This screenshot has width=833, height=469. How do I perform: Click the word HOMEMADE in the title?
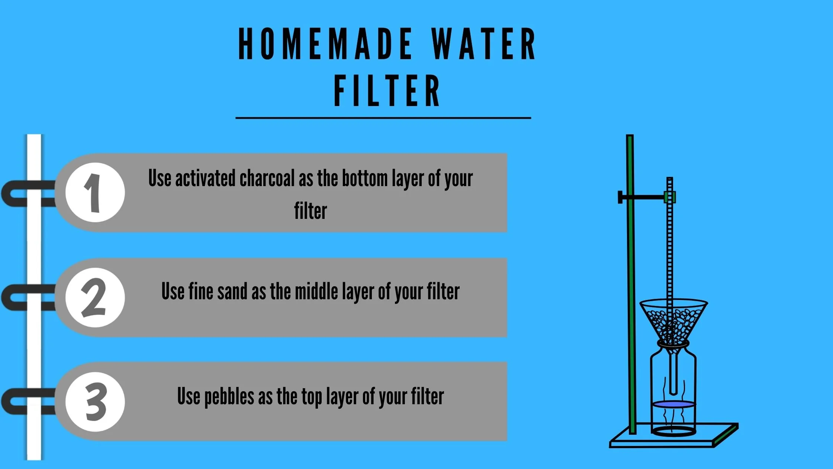coord(325,44)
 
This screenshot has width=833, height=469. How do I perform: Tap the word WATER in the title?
coord(483,44)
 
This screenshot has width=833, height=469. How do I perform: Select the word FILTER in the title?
coord(387,91)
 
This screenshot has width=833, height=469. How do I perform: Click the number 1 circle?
coord(95,193)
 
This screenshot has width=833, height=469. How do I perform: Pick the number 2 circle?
coord(95,298)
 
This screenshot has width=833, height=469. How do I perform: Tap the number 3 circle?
coord(95,402)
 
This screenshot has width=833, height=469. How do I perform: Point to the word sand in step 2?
coord(233,291)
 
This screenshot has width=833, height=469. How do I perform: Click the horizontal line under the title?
coord(383,118)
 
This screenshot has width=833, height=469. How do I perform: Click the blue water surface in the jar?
coord(674,404)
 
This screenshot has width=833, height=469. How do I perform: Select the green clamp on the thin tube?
coord(670,197)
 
